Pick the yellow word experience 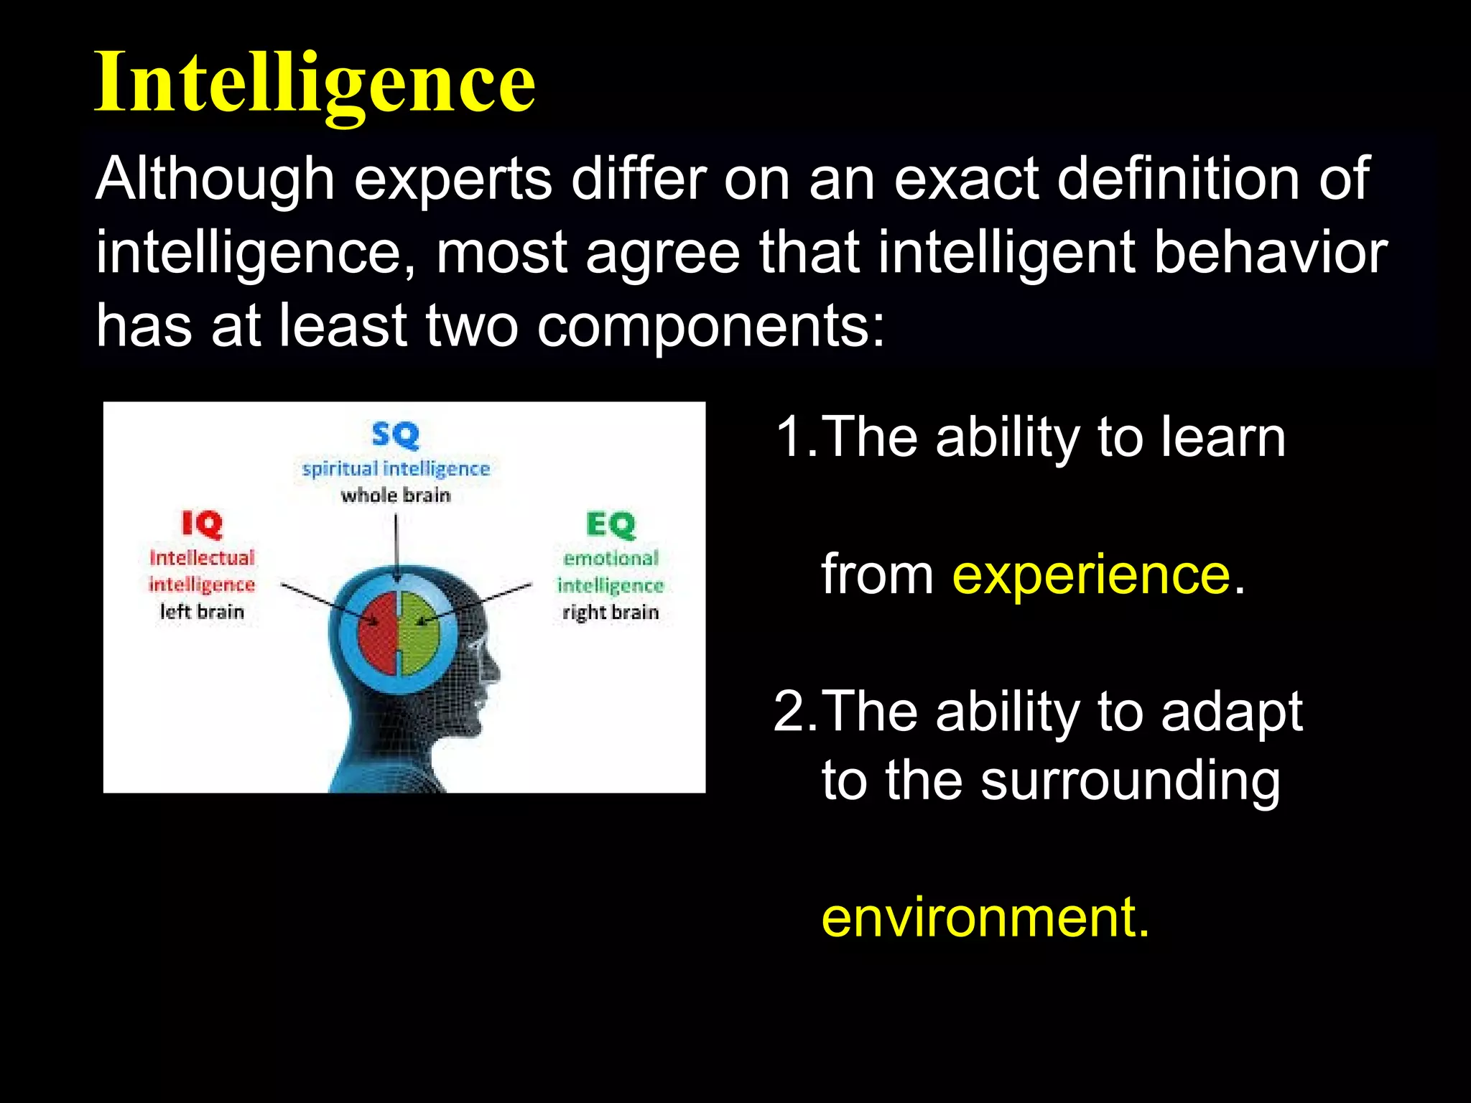pos(1091,574)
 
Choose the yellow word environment pos(984,917)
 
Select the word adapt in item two pos(1231,713)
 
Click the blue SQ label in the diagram pos(395,434)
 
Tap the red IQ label pos(202,524)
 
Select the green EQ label pos(611,524)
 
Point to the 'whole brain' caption pos(396,495)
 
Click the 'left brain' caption pos(202,612)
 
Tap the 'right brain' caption pos(611,613)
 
